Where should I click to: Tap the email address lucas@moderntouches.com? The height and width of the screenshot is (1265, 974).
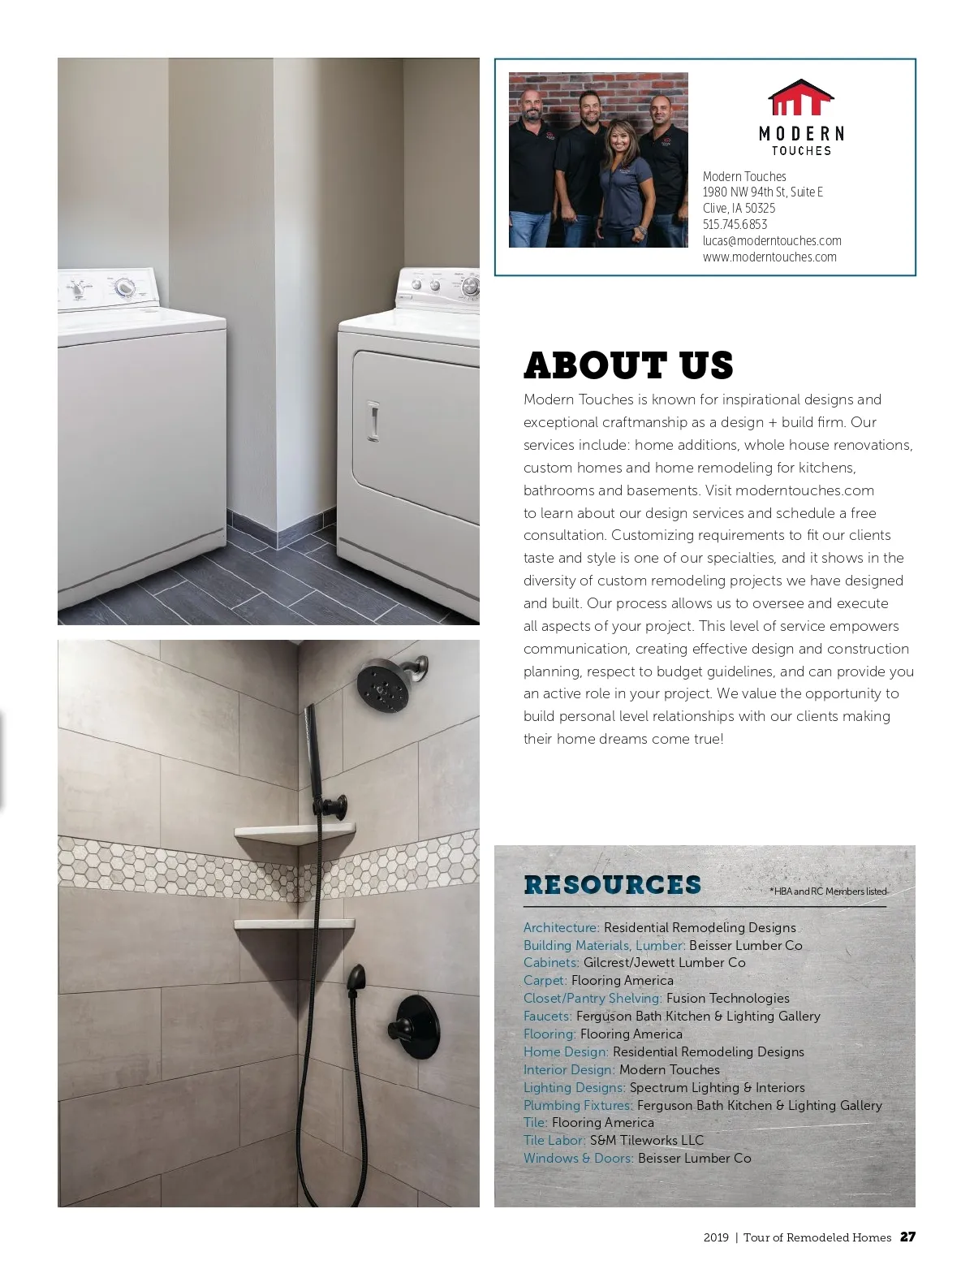tap(771, 241)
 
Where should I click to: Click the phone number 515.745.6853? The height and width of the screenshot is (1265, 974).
tap(735, 225)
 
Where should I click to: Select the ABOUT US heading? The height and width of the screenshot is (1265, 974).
tap(628, 365)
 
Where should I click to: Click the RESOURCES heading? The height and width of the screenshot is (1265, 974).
tap(612, 884)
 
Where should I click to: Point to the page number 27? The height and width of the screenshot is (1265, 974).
tap(907, 1237)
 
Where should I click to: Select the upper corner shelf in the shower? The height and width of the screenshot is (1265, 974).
tap(295, 833)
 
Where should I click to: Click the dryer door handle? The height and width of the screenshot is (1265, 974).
tap(373, 421)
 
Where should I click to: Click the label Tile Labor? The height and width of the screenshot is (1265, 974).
tap(554, 1141)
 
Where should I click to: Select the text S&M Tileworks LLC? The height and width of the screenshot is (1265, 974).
tap(647, 1141)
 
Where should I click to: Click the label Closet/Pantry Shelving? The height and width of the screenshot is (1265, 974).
tap(593, 999)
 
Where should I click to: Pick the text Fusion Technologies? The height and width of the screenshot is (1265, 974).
tap(727, 999)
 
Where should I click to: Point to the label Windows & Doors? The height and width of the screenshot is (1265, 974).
tap(578, 1159)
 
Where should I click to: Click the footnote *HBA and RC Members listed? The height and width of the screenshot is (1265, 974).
tap(828, 892)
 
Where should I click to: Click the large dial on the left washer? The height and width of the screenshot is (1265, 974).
tap(124, 287)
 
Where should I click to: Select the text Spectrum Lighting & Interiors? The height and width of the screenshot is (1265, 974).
tap(717, 1088)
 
